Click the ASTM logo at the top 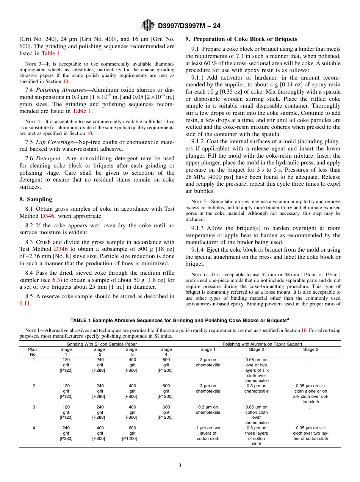147,25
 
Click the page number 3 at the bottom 180,465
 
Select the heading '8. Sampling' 36,199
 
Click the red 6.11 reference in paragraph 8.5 25,304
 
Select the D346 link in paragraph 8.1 48,216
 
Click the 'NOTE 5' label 199,202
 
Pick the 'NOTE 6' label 199,274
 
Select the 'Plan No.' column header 33,352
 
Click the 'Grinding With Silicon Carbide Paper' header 102,344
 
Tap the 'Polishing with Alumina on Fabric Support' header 262,344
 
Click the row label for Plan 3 34,407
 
